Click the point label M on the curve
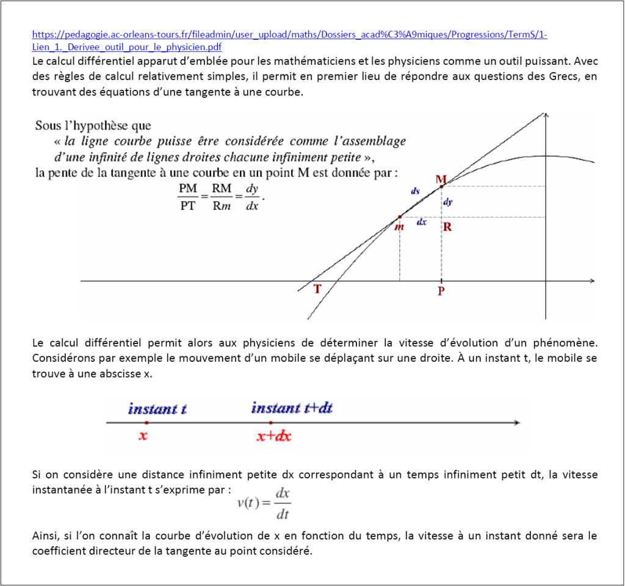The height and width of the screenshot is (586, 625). click(441, 179)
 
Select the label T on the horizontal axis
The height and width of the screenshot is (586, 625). click(317, 289)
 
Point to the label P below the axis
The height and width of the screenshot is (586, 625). click(441, 291)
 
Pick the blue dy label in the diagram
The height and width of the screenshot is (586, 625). click(447, 202)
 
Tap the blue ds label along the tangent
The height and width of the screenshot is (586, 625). click(415, 191)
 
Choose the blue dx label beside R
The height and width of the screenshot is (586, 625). click(421, 222)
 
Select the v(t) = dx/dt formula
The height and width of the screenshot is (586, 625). click(264, 503)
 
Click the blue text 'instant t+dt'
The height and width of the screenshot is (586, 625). click(292, 408)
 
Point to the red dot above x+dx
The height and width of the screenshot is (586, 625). click(271, 422)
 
